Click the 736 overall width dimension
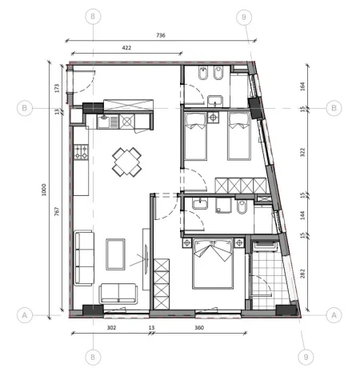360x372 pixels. (160, 34)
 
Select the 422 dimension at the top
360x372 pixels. (126, 47)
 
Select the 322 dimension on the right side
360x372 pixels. (302, 151)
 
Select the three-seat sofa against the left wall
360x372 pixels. (83, 258)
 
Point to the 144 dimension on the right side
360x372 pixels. (302, 214)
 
